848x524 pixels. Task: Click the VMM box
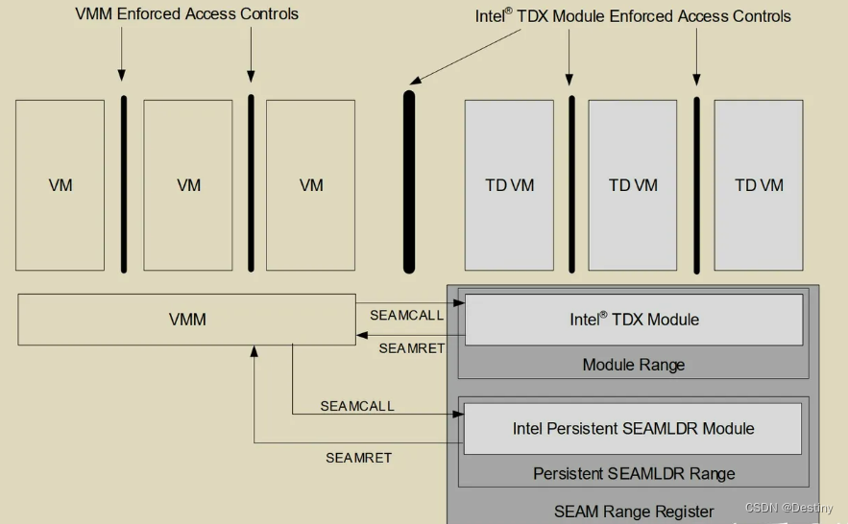coord(187,320)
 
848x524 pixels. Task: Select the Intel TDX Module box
coord(634,320)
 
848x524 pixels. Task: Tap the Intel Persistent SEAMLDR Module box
coord(633,429)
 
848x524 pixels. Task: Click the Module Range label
coord(634,365)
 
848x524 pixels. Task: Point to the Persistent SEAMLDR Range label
coord(634,474)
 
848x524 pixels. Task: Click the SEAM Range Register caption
coord(634,512)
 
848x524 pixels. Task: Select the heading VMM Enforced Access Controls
coord(186,14)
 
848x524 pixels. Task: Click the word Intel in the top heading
coord(493,16)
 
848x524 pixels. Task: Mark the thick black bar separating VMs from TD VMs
coord(409,181)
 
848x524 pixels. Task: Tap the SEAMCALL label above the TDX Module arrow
coord(407,315)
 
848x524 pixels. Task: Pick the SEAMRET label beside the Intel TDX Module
coord(411,348)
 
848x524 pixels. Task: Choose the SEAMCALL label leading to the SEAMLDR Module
coord(357,407)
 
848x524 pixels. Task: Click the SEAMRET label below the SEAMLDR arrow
coord(358,458)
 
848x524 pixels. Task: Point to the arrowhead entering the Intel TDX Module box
coord(460,303)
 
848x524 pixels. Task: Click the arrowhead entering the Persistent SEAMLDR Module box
coord(459,415)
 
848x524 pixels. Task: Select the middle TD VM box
coord(633,185)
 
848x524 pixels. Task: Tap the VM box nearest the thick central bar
coord(311,185)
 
